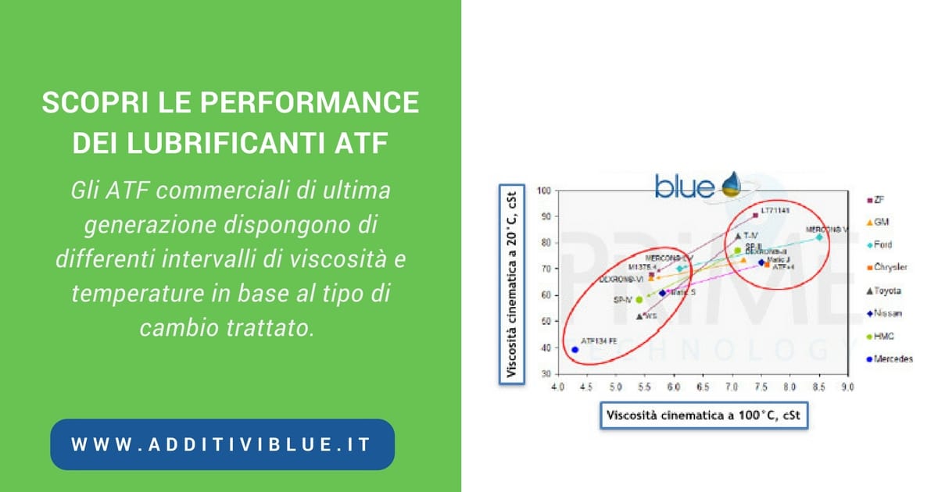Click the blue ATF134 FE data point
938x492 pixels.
click(575, 350)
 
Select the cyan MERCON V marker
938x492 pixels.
click(819, 237)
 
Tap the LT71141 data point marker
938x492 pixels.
click(755, 215)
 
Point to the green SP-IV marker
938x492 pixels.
click(639, 299)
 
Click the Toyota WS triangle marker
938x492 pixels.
click(640, 316)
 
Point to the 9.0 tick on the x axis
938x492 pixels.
click(847, 387)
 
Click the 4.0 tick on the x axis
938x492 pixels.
click(558, 387)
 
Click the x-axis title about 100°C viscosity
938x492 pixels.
click(703, 416)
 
